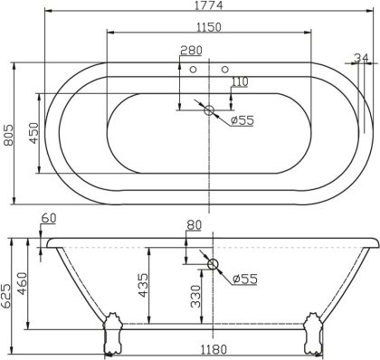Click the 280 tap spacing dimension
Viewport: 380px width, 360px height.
coord(192,51)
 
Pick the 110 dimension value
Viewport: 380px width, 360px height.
coord(238,82)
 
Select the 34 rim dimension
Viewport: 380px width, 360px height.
coord(361,57)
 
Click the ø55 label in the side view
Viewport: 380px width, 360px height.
coord(244,279)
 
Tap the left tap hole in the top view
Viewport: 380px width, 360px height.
coord(194,68)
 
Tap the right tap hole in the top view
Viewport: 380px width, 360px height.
coord(224,68)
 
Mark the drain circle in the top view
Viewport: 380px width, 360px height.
coord(210,111)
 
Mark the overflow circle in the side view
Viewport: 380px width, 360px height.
coord(214,265)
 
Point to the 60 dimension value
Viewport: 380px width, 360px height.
coord(49,218)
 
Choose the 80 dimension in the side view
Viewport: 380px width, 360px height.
coord(194,226)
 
